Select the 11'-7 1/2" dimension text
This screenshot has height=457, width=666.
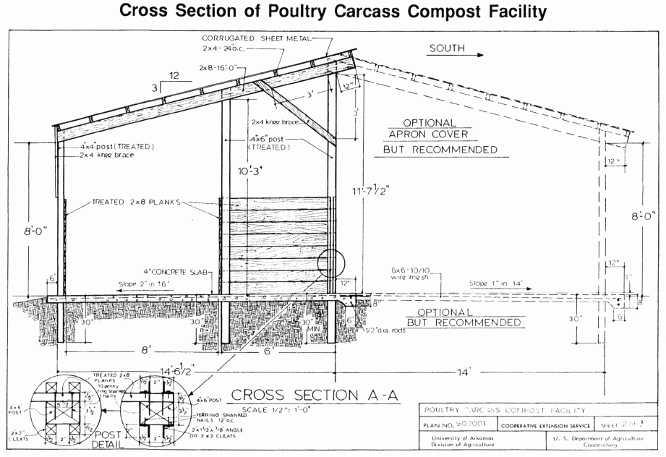click(x=372, y=192)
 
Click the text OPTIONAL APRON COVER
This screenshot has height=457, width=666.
click(x=440, y=129)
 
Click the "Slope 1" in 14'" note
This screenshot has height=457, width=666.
click(x=495, y=283)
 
